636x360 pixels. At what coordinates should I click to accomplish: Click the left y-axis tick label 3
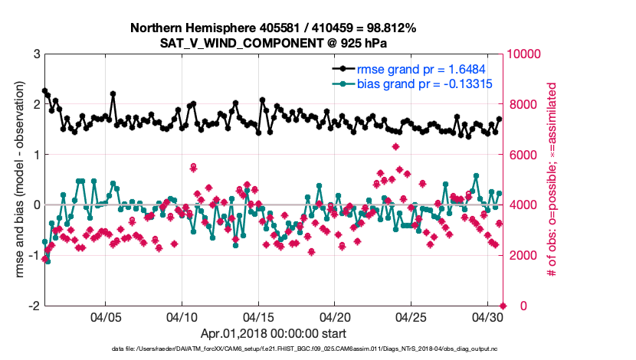click(36, 54)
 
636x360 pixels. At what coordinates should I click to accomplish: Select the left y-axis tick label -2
click(34, 306)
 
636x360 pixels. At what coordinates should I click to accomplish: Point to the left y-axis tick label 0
click(36, 205)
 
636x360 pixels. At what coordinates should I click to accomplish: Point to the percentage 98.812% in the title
click(390, 28)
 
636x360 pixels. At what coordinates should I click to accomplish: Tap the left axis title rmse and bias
click(17, 180)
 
